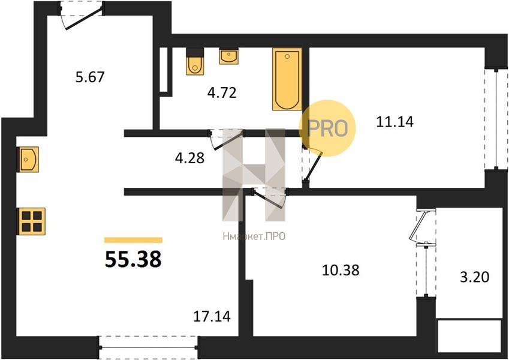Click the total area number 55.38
point(133,259)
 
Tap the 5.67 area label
point(90,77)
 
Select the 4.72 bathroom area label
point(222,93)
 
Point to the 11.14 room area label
point(394,122)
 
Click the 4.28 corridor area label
point(189,158)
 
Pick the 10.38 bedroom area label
point(341,270)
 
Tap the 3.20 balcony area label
point(475,277)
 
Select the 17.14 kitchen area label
point(212,316)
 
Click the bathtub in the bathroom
point(287,79)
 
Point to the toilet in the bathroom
point(195,62)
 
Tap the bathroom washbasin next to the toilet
point(228,56)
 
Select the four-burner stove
point(32,221)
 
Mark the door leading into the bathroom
point(227,139)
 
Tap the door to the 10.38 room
point(269,197)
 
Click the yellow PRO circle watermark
point(327,128)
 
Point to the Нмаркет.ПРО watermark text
point(254,236)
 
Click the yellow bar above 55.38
point(133,240)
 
